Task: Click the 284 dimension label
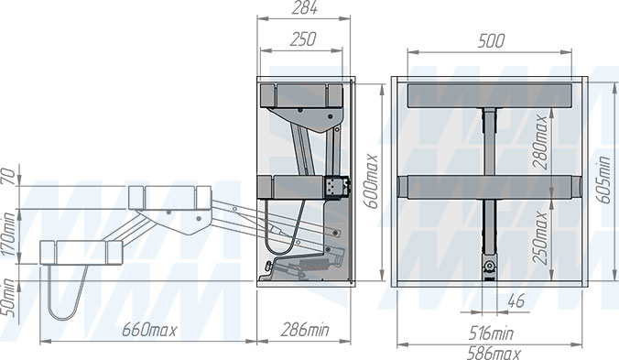(304, 8)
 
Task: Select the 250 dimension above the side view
(303, 39)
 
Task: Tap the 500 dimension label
(491, 40)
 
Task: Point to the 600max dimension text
(371, 181)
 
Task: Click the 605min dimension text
(603, 180)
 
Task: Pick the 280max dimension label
(539, 143)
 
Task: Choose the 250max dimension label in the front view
(539, 237)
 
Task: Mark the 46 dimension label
(516, 301)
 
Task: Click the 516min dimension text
(491, 334)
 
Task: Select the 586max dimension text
(494, 353)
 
